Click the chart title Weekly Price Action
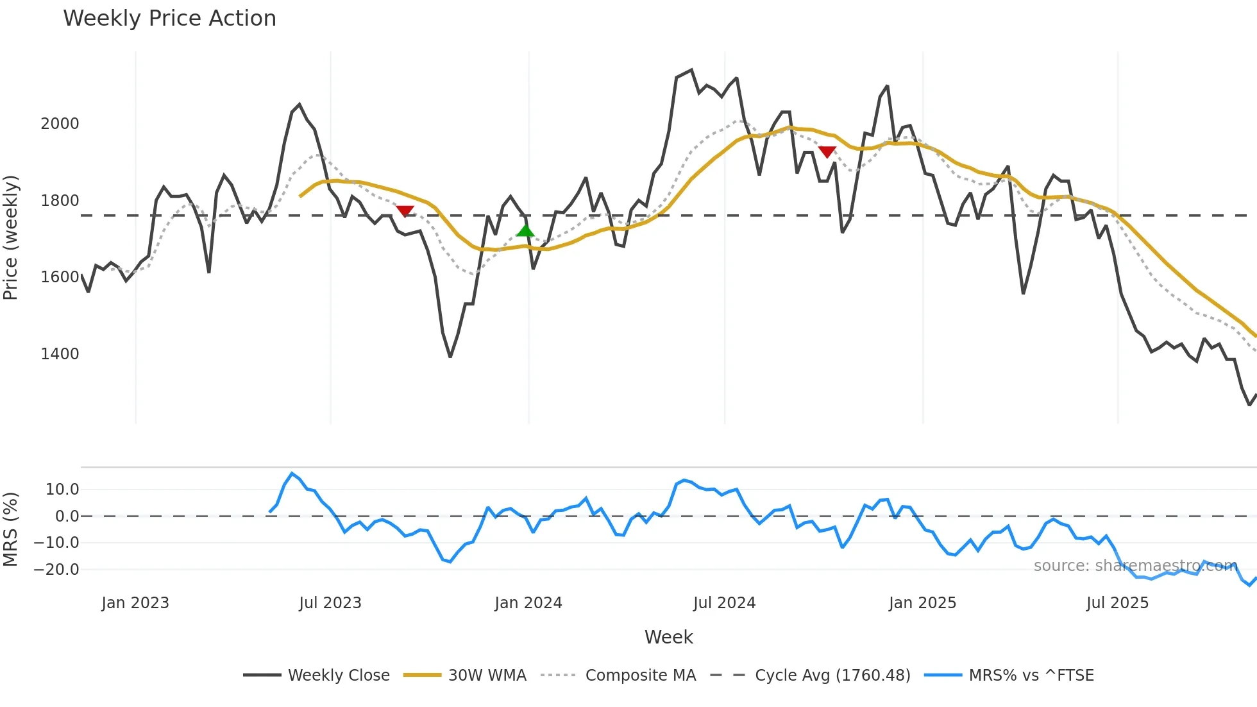[169, 18]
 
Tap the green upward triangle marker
[525, 230]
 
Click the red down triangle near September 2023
[405, 211]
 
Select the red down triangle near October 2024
[827, 152]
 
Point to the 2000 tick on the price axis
[60, 123]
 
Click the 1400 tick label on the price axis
[60, 353]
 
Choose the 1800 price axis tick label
[60, 200]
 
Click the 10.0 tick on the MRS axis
[62, 490]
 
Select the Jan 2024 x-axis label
[528, 603]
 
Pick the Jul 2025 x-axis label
[1117, 603]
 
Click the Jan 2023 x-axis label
[135, 603]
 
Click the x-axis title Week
[668, 637]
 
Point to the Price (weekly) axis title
[11, 237]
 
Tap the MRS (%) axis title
[11, 529]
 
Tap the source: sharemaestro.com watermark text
[1135, 565]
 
